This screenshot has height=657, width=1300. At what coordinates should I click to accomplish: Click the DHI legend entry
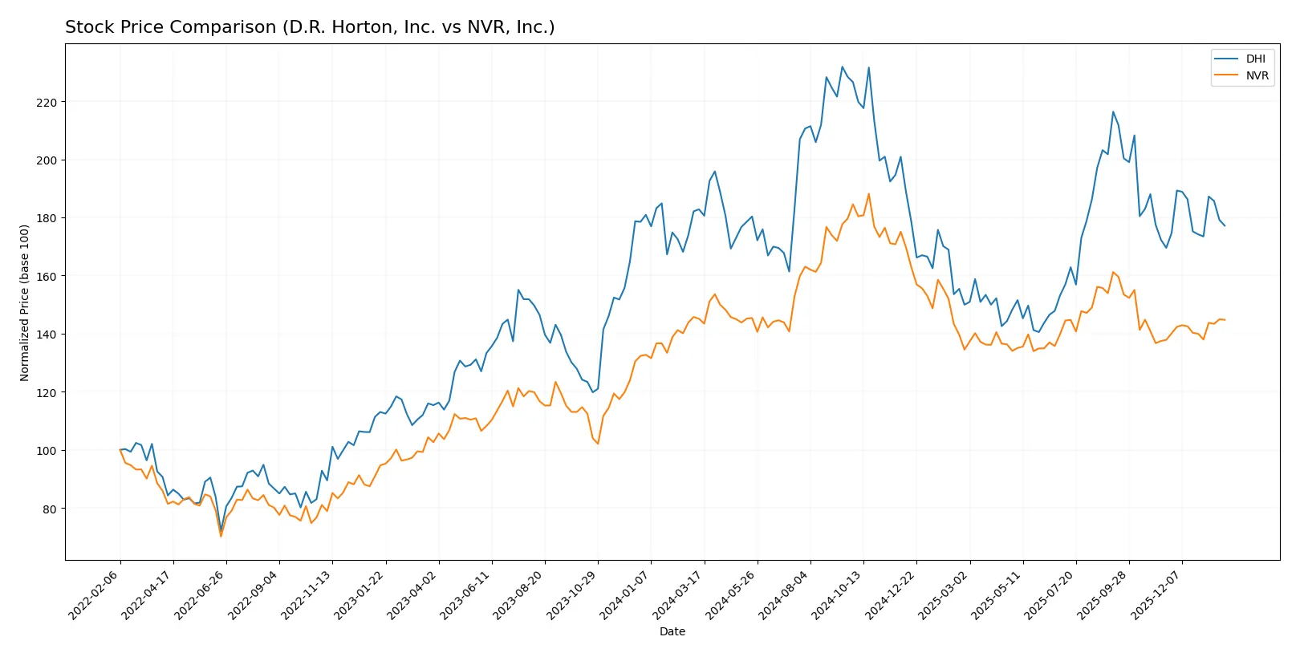pos(1255,59)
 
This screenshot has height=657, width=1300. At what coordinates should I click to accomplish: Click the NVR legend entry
pos(1257,75)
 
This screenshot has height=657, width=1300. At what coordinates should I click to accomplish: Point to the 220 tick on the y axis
pos(46,103)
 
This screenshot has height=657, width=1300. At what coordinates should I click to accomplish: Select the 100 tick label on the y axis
pos(46,451)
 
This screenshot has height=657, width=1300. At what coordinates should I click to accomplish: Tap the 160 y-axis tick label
pos(46,277)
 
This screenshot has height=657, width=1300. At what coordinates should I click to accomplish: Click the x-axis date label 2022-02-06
pos(95,594)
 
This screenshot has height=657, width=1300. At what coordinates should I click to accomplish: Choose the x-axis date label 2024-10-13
pos(838,594)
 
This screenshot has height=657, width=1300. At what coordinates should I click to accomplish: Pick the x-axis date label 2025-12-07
pos(1157,594)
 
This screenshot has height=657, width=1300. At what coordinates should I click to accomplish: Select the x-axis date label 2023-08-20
pos(519,594)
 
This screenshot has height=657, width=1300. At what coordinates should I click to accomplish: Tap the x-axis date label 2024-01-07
pos(625,594)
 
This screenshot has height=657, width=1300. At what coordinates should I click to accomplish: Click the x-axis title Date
pos(672,632)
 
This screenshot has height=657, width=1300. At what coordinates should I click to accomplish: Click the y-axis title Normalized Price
pos(25,302)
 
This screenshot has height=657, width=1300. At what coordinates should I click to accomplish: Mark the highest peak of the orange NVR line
pos(868,193)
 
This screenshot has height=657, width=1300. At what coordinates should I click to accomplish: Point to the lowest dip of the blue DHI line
pos(221,530)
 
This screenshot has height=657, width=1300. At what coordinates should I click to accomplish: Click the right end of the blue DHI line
pos(1225,226)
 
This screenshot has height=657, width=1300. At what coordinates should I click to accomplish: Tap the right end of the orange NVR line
pos(1225,320)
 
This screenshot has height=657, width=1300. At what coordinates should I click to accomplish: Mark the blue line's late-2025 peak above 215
pos(1113,112)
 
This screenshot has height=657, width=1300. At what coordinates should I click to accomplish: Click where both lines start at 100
pos(120,450)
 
